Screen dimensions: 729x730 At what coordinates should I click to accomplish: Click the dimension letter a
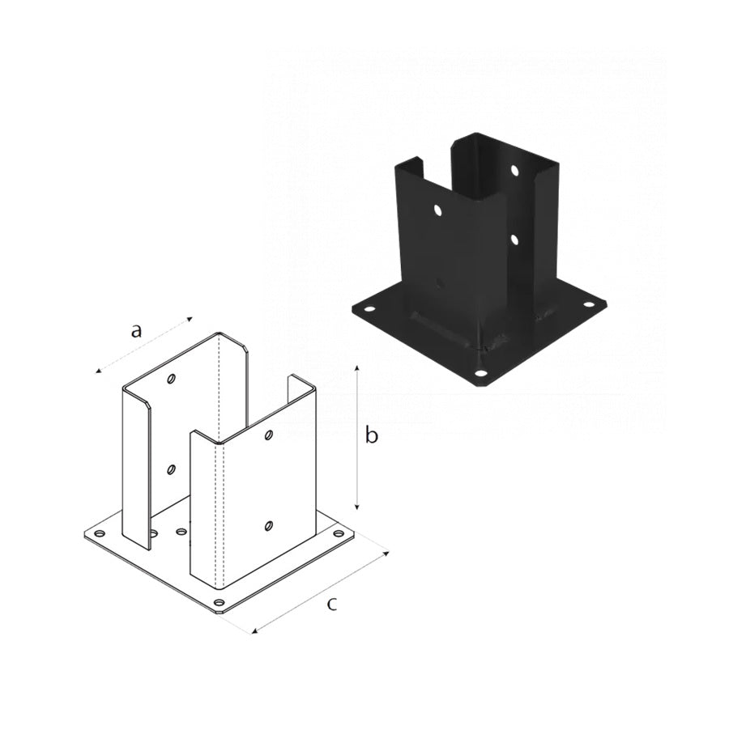(135, 331)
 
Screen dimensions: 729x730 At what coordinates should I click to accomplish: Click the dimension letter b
(371, 435)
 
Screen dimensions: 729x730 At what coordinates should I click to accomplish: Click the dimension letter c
(331, 605)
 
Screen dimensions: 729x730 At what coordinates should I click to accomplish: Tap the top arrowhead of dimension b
(357, 369)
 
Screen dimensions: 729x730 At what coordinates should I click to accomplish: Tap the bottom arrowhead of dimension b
(357, 507)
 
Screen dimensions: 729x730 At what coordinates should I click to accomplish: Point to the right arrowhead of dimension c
(386, 553)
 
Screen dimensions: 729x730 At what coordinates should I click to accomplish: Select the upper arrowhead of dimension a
(189, 319)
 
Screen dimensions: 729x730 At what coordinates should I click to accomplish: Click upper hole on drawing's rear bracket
(172, 379)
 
